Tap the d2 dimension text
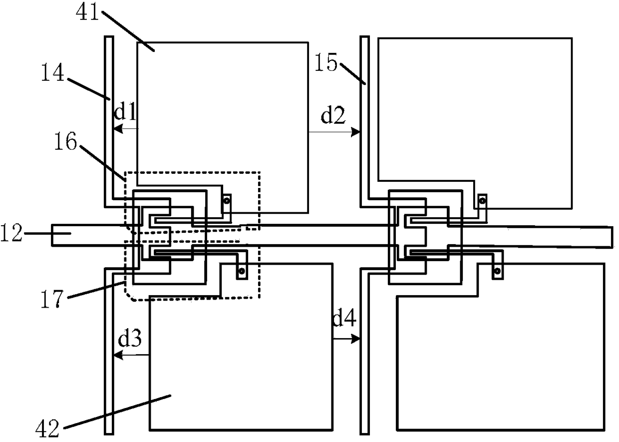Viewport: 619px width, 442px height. coord(331,116)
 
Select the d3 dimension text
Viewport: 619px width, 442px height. coord(131,340)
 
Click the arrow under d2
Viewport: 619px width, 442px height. coord(334,132)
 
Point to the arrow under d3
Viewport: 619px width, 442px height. coord(132,355)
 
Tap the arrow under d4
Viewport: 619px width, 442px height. coord(346,338)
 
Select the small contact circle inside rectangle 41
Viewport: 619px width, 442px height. coord(227,201)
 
